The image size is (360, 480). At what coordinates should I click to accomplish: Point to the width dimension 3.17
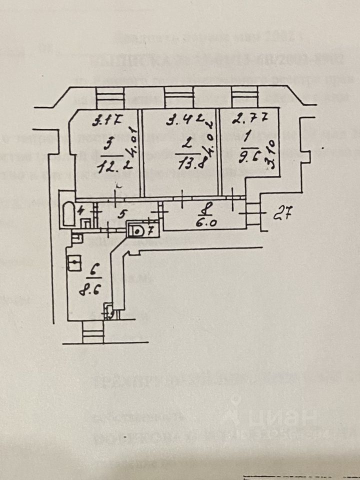point(107,120)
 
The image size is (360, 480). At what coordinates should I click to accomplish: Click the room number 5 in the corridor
point(120,215)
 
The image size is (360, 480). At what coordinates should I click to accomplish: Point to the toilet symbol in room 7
point(136,231)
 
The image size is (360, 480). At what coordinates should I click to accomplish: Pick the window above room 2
point(178,96)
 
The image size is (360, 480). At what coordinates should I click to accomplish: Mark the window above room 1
point(245,96)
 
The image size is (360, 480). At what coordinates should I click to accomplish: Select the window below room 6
point(93,332)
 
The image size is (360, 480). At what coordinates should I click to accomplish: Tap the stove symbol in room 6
point(74,263)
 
